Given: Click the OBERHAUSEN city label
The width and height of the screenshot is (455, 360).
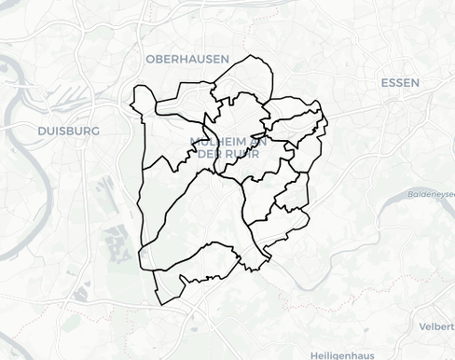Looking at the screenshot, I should (186, 59).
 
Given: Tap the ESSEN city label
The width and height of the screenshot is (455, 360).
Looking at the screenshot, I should (400, 83).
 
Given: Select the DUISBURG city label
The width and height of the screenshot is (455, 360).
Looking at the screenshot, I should (68, 132).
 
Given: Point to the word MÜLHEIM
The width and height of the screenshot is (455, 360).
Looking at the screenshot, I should (220, 142).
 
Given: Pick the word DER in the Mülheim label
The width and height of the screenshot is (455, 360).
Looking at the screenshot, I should (211, 154).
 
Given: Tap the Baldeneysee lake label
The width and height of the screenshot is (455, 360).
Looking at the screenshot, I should (431, 194).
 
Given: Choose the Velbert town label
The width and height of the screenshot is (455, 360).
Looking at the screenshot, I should (436, 326).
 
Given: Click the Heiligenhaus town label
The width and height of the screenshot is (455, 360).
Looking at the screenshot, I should (346, 354).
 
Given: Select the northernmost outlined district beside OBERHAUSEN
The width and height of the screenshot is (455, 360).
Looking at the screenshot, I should (244, 79).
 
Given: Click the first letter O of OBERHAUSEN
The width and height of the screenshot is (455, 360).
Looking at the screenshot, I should (149, 59).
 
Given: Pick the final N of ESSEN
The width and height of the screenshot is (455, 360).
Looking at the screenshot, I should (416, 83).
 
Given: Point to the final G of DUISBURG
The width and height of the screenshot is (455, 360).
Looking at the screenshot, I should (95, 132).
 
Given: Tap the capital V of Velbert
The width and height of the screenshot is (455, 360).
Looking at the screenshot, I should (421, 326).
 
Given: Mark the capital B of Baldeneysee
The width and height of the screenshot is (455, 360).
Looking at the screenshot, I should (410, 194).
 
